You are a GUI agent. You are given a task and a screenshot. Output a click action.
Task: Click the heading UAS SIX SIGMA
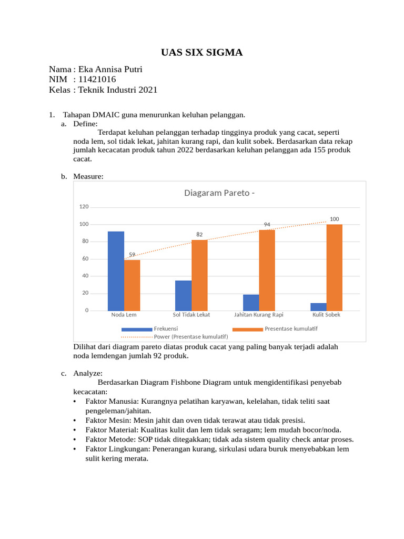(201, 52)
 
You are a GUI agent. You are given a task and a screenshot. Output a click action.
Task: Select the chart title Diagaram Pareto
(219, 193)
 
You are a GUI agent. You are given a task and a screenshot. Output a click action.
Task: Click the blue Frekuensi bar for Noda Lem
(116, 271)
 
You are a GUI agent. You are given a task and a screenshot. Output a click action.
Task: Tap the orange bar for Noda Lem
(132, 285)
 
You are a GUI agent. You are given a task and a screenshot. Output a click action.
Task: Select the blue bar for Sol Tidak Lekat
(183, 295)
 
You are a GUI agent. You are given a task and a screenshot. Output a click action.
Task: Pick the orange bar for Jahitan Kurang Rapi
(267, 270)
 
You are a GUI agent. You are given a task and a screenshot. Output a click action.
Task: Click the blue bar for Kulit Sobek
(318, 306)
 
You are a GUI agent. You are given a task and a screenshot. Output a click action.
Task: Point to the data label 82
(199, 234)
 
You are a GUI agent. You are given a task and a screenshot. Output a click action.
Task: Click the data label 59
(132, 254)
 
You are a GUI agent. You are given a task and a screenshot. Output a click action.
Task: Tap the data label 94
(267, 225)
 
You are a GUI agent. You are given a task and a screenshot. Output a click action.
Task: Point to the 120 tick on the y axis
(84, 207)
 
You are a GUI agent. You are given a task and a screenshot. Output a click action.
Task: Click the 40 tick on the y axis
(85, 276)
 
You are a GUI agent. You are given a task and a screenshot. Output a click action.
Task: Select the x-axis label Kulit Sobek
(326, 315)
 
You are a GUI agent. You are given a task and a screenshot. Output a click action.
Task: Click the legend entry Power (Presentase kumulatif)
(190, 336)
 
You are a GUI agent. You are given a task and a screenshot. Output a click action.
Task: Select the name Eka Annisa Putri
(110, 69)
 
